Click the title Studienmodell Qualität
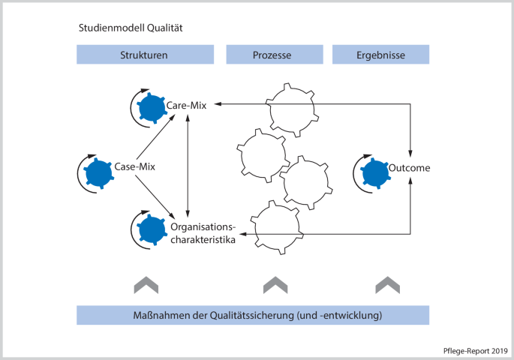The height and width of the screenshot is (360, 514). click(x=131, y=28)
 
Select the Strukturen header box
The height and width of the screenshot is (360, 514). click(x=143, y=55)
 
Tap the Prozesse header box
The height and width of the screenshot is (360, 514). click(x=275, y=55)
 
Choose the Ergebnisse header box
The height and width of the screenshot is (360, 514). click(x=380, y=55)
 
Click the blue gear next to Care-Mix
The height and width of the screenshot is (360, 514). click(x=153, y=108)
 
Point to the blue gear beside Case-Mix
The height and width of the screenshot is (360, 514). click(x=98, y=171)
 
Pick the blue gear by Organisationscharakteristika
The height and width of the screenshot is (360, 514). click(x=152, y=228)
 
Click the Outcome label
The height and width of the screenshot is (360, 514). click(x=409, y=168)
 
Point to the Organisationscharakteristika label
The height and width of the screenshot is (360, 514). click(x=203, y=233)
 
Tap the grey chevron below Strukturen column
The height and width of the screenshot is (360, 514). click(x=146, y=285)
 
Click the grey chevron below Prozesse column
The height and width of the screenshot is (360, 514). click(x=275, y=285)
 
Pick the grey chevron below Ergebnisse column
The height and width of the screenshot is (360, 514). click(x=387, y=285)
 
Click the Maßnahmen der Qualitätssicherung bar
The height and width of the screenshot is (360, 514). click(x=253, y=315)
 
